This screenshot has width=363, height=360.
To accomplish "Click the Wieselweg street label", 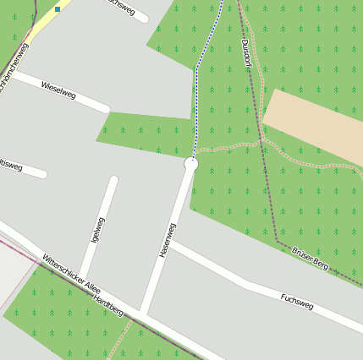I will (58, 90).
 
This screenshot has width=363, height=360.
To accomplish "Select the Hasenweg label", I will (167, 240).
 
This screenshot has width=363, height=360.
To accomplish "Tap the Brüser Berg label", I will (310, 258).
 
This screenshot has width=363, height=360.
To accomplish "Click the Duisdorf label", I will (246, 53).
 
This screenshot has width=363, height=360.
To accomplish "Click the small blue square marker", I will (58, 9).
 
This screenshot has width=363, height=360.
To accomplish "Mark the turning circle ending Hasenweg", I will (190, 164).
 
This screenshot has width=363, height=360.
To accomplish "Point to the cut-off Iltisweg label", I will (10, 164).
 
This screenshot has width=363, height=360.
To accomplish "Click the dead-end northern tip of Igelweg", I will (113, 181).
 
